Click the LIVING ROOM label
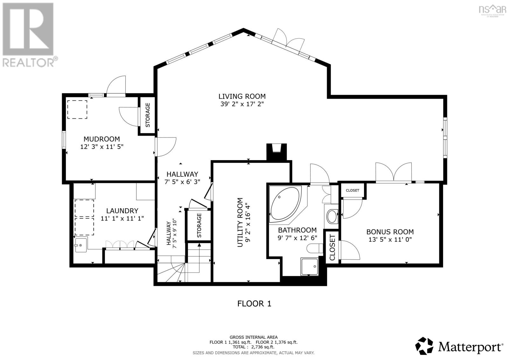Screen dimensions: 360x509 242,96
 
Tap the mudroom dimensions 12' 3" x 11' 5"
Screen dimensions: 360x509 101,147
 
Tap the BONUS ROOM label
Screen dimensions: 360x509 390,232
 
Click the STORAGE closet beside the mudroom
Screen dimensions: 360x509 148,115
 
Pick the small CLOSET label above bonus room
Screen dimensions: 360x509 352,190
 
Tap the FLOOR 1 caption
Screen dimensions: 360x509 254,303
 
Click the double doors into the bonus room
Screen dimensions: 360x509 394,172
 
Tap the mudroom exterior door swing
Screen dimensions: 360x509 116,86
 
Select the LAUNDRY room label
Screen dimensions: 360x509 122,211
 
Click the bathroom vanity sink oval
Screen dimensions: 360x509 333,216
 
